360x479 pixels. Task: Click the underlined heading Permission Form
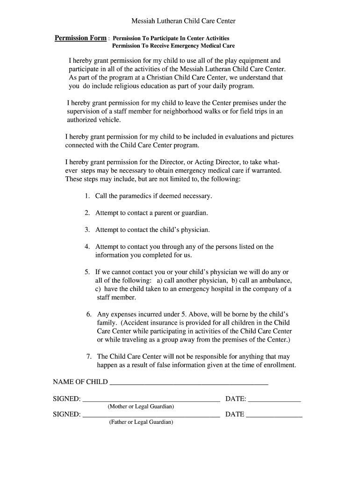pos(80,38)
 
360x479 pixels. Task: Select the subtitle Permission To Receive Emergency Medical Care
pos(173,46)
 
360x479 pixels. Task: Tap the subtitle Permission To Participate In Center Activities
pos(171,38)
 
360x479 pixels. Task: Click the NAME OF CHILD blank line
pos(188,382)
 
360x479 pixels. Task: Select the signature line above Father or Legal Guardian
pos(151,414)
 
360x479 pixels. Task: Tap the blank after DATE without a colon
pos(274,414)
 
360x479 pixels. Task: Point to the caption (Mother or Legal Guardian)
pos(141,406)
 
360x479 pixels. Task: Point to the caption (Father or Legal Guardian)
pos(141,422)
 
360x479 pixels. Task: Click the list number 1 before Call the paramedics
pos(87,196)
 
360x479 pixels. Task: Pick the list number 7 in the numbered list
pos(88,356)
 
